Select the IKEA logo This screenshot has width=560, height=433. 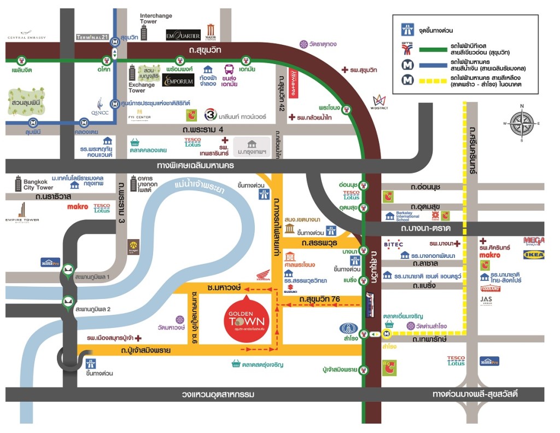coord(533,255)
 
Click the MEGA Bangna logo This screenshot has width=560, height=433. coord(533,241)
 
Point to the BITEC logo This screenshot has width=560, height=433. coord(394,244)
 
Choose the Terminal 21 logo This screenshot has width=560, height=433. coord(91,37)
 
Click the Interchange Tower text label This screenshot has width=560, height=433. coord(156,19)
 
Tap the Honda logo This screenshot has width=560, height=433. coord(263,278)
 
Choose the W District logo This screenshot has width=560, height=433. coord(379,102)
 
